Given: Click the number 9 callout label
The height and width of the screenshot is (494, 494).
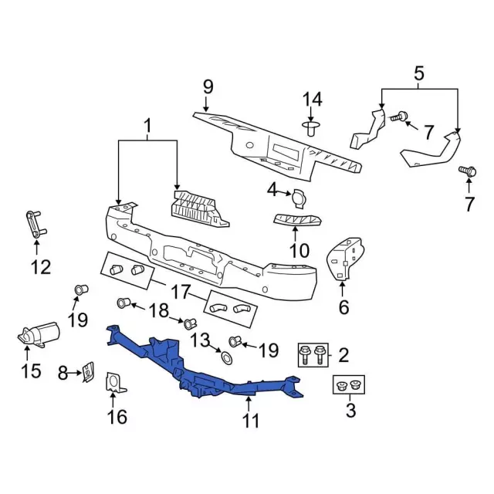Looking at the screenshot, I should [x=208, y=86].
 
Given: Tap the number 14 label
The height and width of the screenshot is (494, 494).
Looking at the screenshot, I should [x=311, y=99].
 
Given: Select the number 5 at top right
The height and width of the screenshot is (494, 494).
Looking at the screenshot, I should [x=419, y=74].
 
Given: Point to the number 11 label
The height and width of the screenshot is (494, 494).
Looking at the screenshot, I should [x=251, y=421].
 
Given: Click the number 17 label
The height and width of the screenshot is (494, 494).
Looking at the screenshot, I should [x=180, y=293].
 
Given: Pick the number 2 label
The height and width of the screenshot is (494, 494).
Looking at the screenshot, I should [x=344, y=355].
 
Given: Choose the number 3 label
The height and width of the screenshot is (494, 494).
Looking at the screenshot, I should [x=350, y=410].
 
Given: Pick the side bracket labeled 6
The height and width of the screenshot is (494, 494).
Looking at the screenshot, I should [x=346, y=259].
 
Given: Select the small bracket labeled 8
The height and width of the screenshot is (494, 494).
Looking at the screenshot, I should [x=90, y=372].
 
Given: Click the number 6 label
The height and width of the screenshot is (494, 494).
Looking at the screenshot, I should [x=343, y=307].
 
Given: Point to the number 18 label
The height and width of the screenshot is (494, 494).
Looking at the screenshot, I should [x=158, y=310].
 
